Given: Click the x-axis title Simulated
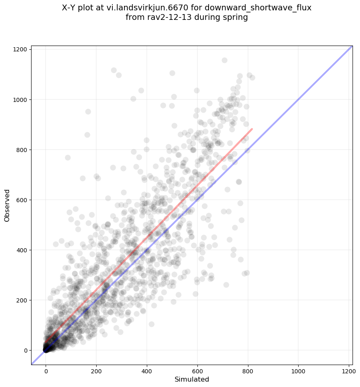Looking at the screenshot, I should click(192, 379).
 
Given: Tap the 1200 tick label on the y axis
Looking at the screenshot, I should click(20, 50).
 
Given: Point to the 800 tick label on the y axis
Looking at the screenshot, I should click(22, 150).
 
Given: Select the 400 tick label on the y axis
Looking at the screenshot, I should click(22, 250).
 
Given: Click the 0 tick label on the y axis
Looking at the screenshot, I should click(26, 351).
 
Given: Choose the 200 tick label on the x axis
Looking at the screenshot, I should click(97, 370).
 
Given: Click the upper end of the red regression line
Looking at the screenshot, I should click(252, 129).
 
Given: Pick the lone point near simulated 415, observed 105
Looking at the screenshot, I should click(151, 324).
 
